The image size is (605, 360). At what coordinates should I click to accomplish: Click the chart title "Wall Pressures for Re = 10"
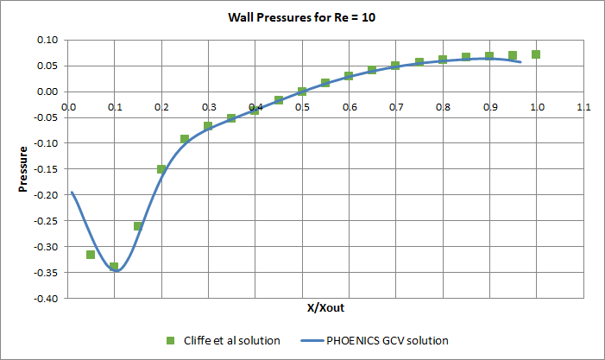tap(301, 16)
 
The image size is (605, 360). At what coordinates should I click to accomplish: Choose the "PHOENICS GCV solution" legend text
tap(388, 340)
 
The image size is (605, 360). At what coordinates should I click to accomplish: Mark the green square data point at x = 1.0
tap(536, 54)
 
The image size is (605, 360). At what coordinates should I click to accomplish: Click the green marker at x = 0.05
tap(91, 255)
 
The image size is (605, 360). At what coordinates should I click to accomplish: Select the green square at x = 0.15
tap(138, 226)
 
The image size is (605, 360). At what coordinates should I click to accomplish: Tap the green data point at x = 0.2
tap(161, 169)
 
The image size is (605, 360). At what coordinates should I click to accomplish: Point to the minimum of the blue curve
tap(116, 271)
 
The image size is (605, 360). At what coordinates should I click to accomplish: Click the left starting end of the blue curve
tap(72, 193)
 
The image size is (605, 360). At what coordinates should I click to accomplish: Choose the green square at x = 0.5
tap(302, 92)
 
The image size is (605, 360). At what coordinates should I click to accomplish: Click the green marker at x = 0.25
tap(185, 139)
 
